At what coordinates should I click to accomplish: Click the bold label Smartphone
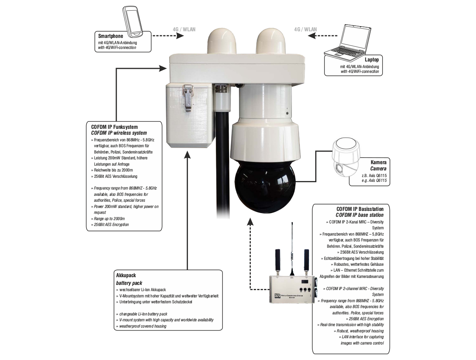click(x=111, y=36)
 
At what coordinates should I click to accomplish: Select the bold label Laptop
click(x=372, y=59)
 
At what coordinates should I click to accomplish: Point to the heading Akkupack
click(x=126, y=275)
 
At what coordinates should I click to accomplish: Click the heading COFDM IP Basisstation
click(x=360, y=209)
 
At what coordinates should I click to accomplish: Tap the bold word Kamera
click(x=379, y=162)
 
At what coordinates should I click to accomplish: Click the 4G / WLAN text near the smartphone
click(x=184, y=29)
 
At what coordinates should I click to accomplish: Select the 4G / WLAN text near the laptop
click(x=305, y=29)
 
